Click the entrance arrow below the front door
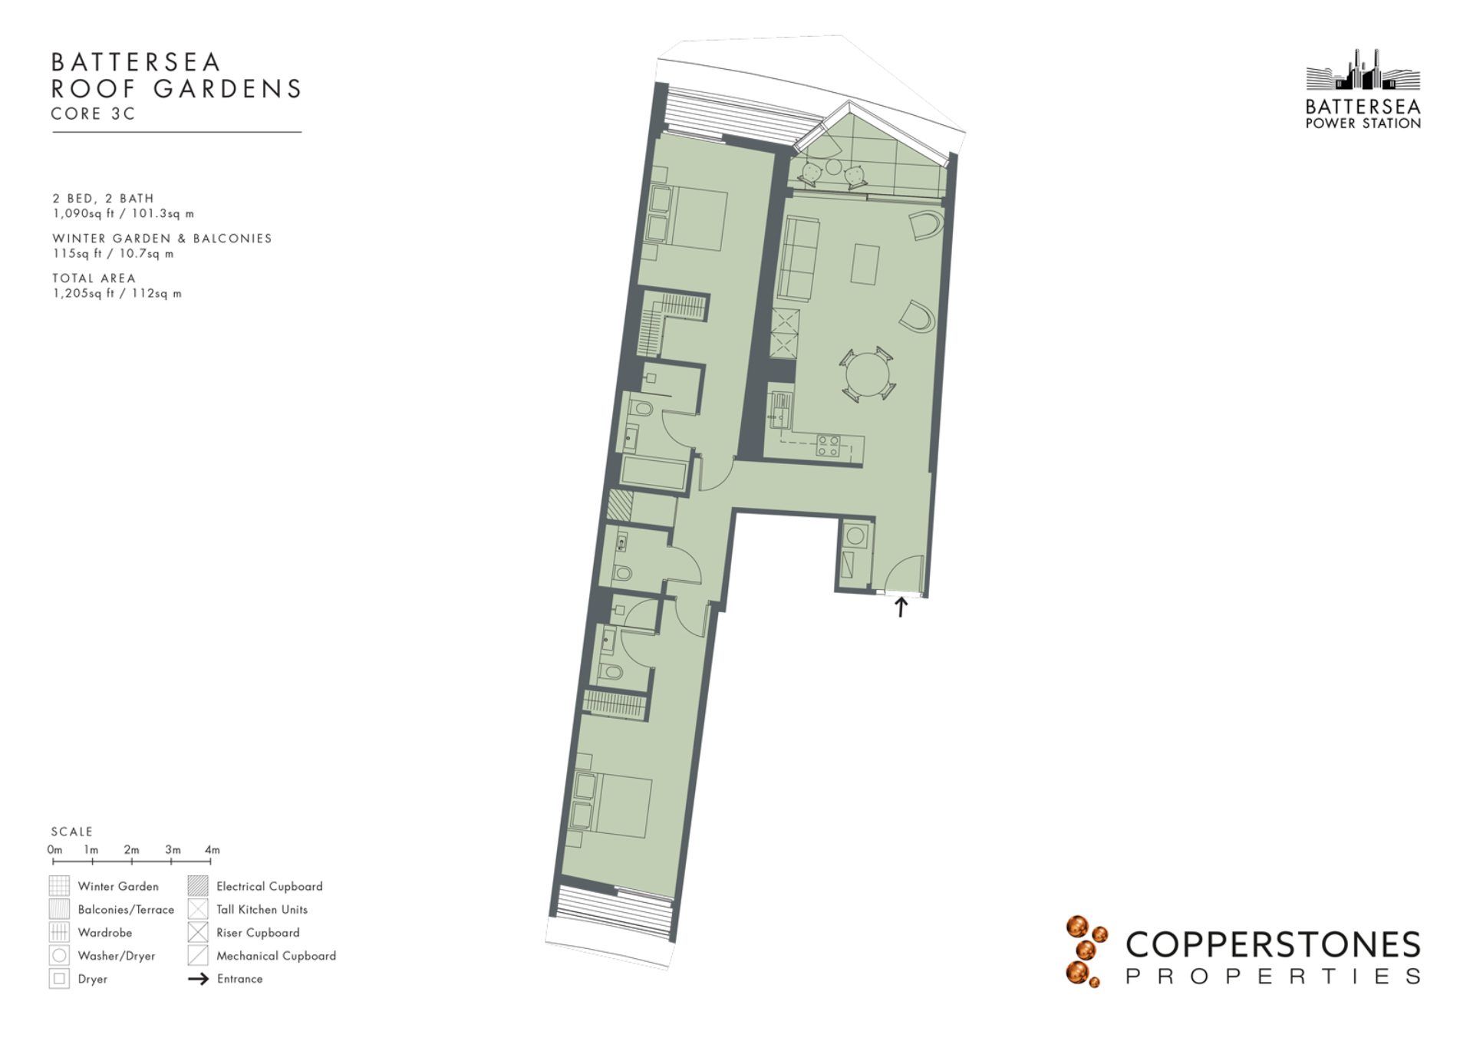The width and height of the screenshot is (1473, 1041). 901,607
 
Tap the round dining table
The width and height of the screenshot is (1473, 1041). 868,374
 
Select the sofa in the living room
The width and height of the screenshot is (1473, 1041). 798,259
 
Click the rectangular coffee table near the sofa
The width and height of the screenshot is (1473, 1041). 865,265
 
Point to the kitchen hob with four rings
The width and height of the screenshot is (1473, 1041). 828,446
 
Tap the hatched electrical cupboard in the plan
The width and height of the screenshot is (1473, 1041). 620,506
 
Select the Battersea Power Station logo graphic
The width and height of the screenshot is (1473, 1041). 1363,70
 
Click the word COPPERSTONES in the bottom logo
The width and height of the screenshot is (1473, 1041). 1273,944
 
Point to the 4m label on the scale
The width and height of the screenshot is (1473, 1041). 213,849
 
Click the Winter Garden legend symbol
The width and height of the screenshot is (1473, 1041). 59,886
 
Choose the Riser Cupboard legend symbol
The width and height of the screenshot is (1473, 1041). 198,932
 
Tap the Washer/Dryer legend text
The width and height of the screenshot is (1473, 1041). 117,956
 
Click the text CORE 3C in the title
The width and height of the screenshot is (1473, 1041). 93,114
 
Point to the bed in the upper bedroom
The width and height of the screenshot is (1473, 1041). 687,218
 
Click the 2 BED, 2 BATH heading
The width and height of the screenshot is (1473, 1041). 103,198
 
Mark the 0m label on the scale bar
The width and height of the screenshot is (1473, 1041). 54,849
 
